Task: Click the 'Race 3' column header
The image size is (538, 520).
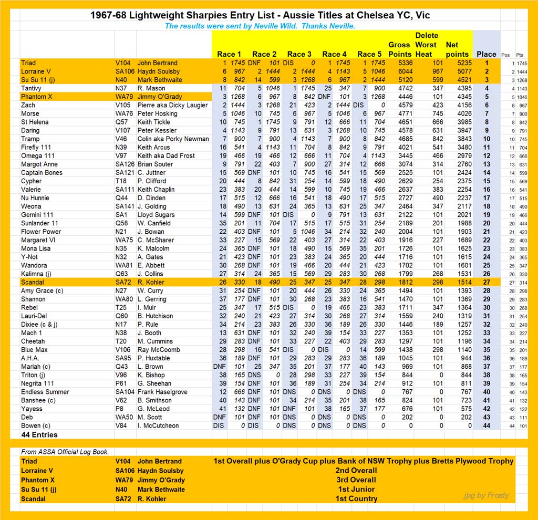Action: click(x=299, y=54)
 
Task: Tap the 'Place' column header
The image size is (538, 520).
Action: click(x=486, y=54)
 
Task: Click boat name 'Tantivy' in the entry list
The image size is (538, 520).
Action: click(x=32, y=88)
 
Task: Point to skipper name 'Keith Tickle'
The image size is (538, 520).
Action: click(x=154, y=122)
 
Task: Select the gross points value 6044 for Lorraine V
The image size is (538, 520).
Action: click(x=399, y=71)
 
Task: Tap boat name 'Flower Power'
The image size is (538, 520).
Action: click(x=41, y=232)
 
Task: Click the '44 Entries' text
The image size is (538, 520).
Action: click(x=39, y=435)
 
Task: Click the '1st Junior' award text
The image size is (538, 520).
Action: click(x=357, y=490)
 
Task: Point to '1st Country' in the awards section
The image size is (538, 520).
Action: click(x=357, y=499)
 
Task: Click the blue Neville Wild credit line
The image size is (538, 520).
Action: click(x=260, y=26)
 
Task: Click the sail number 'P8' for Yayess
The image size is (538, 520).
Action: click(x=120, y=409)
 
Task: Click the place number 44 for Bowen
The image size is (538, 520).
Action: click(x=486, y=425)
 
